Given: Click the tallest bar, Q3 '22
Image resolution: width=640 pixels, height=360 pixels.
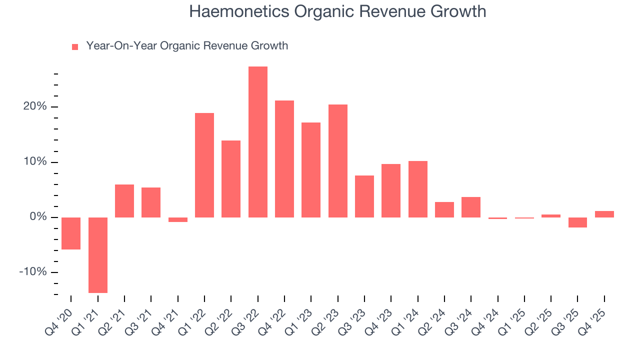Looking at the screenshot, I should (x=257, y=142).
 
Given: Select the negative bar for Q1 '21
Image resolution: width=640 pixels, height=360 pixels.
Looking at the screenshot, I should (x=97, y=255).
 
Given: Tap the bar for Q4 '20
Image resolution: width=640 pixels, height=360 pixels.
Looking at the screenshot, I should (x=71, y=233).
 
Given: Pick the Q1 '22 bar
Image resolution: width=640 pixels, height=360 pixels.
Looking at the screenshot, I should (x=204, y=165).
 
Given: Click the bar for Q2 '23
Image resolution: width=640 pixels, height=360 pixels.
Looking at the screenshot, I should (x=337, y=161).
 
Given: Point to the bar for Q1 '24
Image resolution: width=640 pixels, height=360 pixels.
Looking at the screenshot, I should (x=417, y=189).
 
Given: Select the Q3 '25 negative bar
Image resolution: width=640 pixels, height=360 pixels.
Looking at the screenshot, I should (x=577, y=222).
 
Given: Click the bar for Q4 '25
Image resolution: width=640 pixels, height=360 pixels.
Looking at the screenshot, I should (x=604, y=214).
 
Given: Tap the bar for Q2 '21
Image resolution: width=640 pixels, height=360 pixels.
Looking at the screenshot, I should (x=124, y=201).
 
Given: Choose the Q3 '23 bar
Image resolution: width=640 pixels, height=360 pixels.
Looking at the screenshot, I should (x=364, y=196).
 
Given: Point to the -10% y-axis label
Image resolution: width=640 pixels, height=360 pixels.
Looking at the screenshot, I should (x=33, y=272).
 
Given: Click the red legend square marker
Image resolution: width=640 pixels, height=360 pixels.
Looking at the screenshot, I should (x=75, y=47).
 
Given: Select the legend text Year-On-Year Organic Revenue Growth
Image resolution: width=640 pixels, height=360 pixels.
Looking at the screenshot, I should (x=187, y=46).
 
